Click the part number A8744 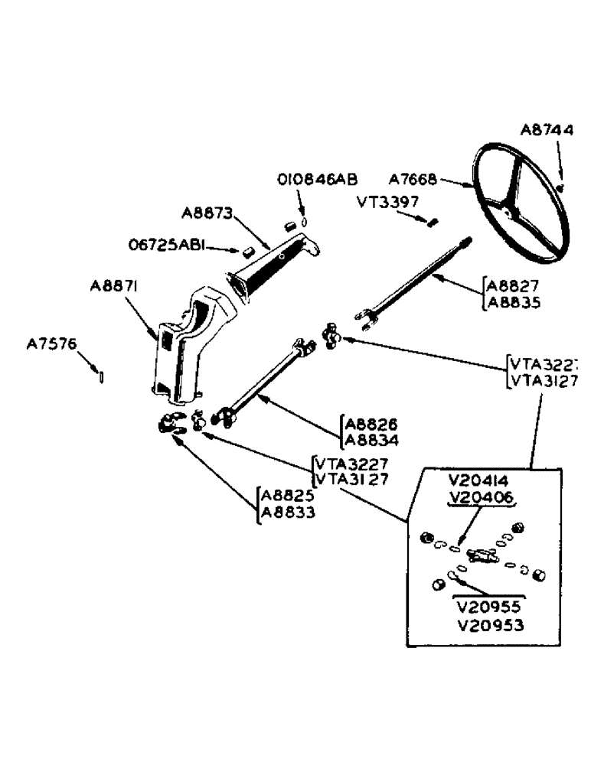coord(546,130)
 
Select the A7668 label coord(412,181)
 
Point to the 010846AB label coord(316,180)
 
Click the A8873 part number coord(207,212)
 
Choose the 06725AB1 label coord(165,246)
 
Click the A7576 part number coord(51,345)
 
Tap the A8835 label coord(517,302)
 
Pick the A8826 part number coord(371,425)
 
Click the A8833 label coord(288,513)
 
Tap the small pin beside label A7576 coord(103,376)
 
